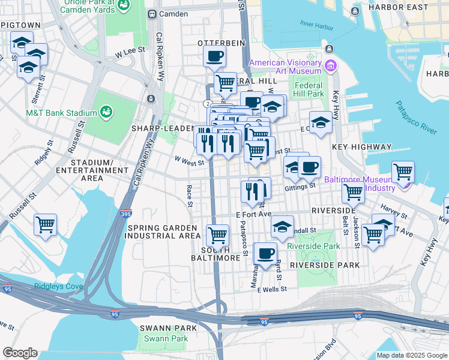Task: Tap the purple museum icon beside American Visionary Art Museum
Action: [x=330, y=65]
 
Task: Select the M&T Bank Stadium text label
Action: [x=61, y=113]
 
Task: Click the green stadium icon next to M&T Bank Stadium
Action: [x=106, y=112]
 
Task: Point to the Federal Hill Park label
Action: [x=309, y=89]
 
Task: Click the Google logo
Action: [x=20, y=353]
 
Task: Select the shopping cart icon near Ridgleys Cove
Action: [x=45, y=225]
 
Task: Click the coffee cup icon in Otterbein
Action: [x=214, y=57]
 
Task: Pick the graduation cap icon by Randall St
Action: [x=282, y=227]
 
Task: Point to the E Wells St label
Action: [x=272, y=289]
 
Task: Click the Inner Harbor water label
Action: [x=314, y=24]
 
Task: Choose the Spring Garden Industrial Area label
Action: [x=161, y=232]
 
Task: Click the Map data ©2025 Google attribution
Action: [x=411, y=355]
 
